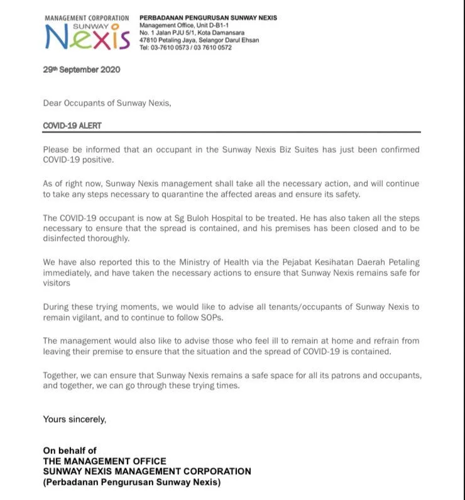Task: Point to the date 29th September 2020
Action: click(81, 70)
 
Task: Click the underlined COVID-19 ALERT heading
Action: click(72, 126)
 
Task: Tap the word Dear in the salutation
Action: click(53, 103)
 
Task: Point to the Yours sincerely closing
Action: click(74, 419)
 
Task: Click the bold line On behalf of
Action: click(70, 450)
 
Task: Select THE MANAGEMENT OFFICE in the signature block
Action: click(104, 461)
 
